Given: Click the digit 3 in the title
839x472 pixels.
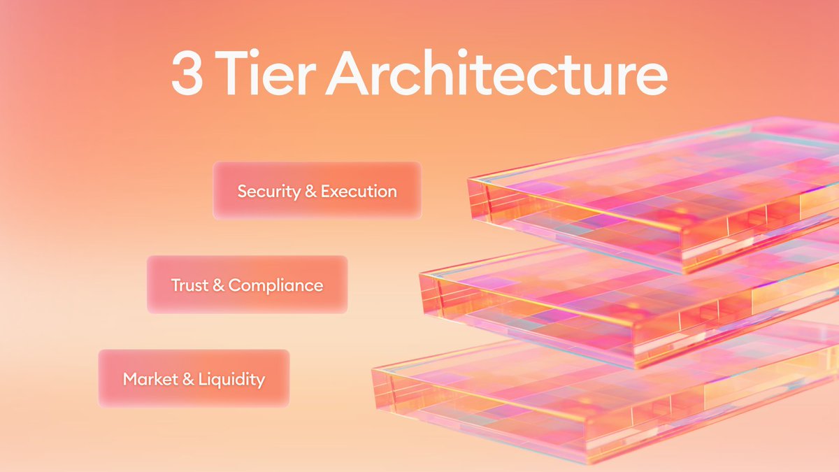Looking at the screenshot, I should tap(187, 76).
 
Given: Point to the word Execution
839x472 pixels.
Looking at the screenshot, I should tap(359, 191).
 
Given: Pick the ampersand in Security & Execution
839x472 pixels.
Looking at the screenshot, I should tap(311, 191).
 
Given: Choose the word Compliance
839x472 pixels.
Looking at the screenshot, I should tap(275, 285).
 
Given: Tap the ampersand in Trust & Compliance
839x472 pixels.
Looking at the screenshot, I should tap(220, 285).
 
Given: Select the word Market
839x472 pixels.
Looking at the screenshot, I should tap(147, 379).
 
